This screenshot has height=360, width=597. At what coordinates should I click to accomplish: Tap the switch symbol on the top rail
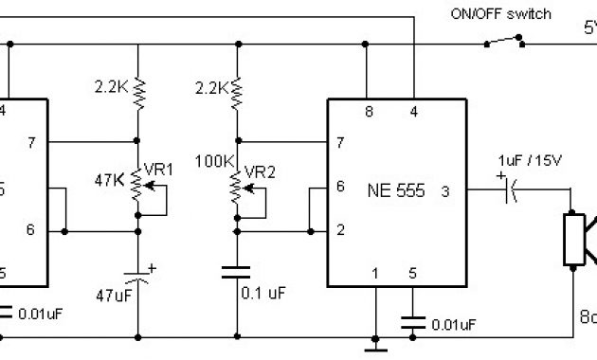tap(503, 42)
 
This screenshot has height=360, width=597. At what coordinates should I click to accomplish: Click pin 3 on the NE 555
tap(445, 192)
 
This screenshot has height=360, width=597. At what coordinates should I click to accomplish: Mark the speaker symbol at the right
tap(579, 238)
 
